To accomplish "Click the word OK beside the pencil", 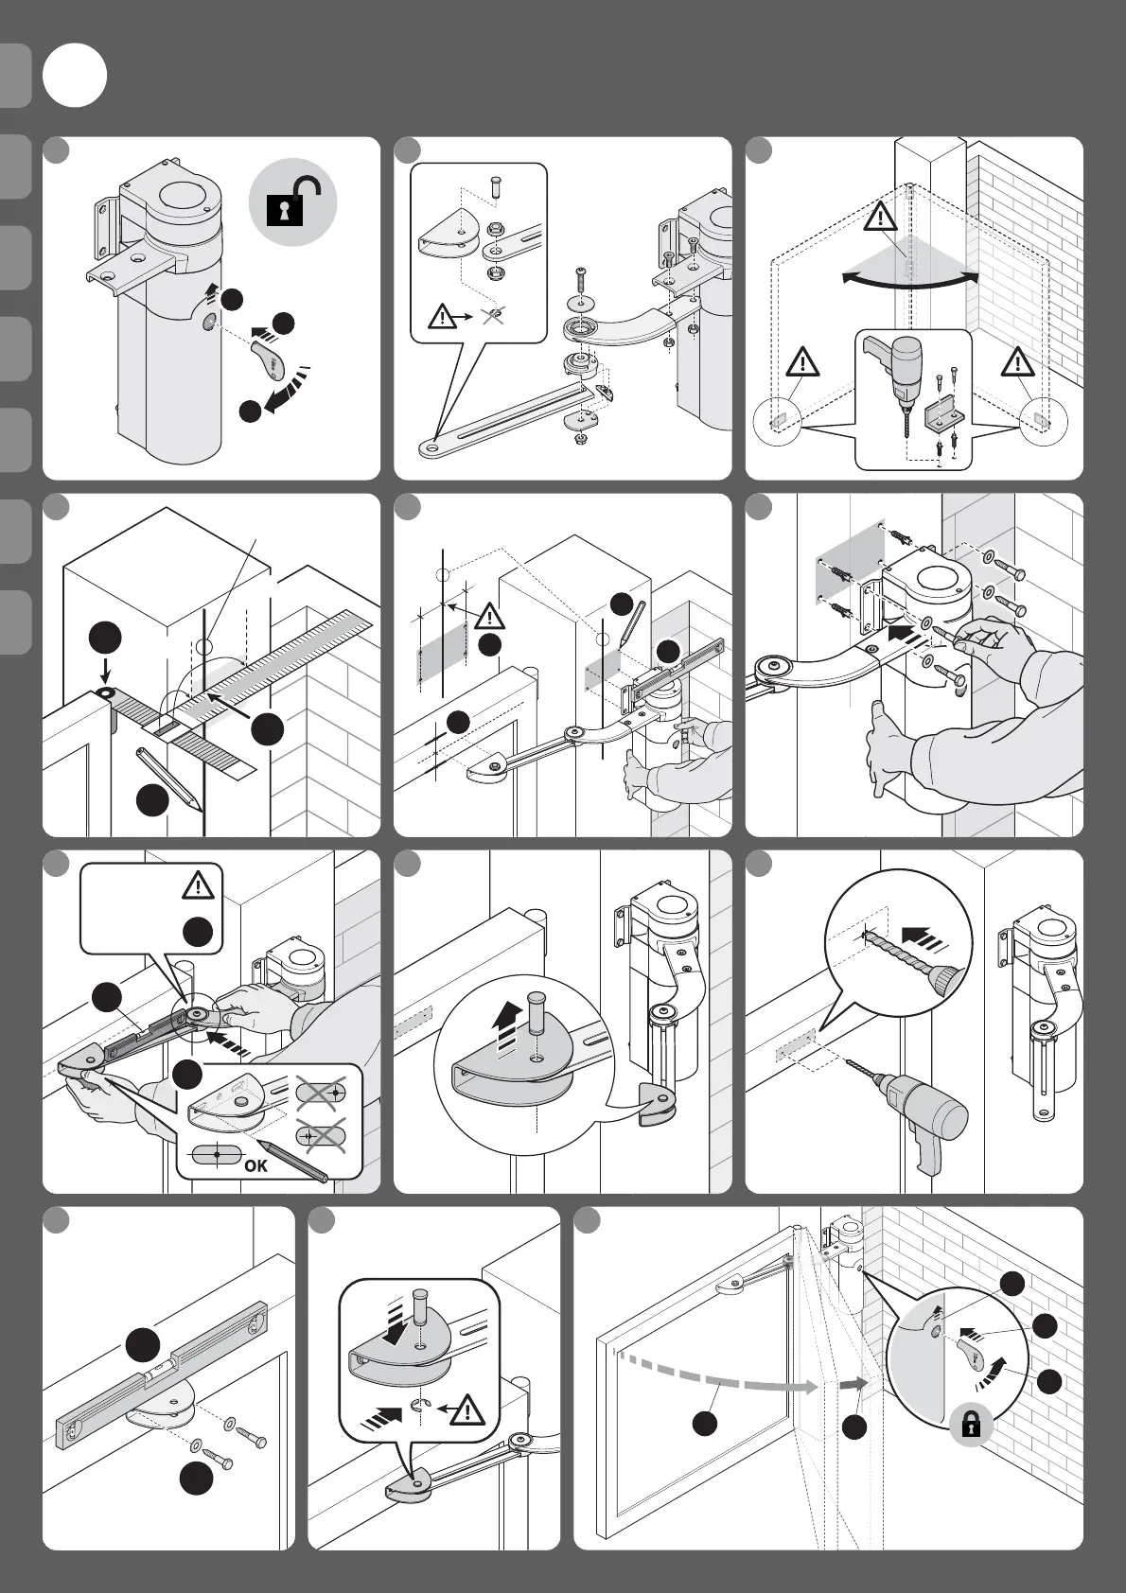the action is (x=255, y=1165).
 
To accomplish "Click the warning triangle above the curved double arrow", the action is (x=881, y=218).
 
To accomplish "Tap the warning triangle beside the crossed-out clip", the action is (x=442, y=316).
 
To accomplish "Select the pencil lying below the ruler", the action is (x=169, y=779).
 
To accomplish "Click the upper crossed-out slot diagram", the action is (x=321, y=1093).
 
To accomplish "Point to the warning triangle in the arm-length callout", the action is (x=199, y=885).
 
